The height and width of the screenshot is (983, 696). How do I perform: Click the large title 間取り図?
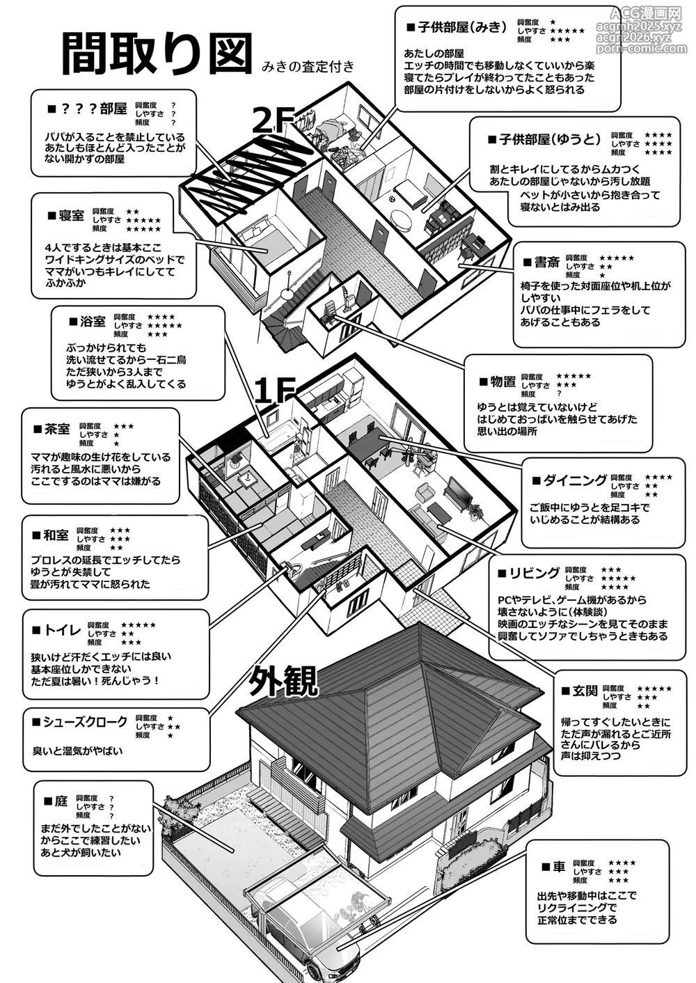pos(157,53)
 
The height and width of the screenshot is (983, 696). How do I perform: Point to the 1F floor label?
pos(274,391)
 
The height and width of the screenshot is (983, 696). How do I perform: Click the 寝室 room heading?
pos(72,216)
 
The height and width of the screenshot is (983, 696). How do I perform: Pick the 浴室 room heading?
pos(93,322)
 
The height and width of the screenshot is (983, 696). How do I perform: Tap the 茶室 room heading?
pos(57,429)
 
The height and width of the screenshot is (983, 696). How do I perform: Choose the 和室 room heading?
pos(56,535)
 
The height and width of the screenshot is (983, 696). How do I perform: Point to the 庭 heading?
pos(61,801)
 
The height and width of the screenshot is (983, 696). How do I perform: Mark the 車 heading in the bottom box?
pos(559,867)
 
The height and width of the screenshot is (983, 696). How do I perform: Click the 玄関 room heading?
pos(585,691)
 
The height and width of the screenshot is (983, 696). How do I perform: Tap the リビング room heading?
pos(534,573)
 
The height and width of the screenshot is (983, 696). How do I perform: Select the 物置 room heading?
pos(503,382)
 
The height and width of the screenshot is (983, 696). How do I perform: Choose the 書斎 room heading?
pos(547,262)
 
